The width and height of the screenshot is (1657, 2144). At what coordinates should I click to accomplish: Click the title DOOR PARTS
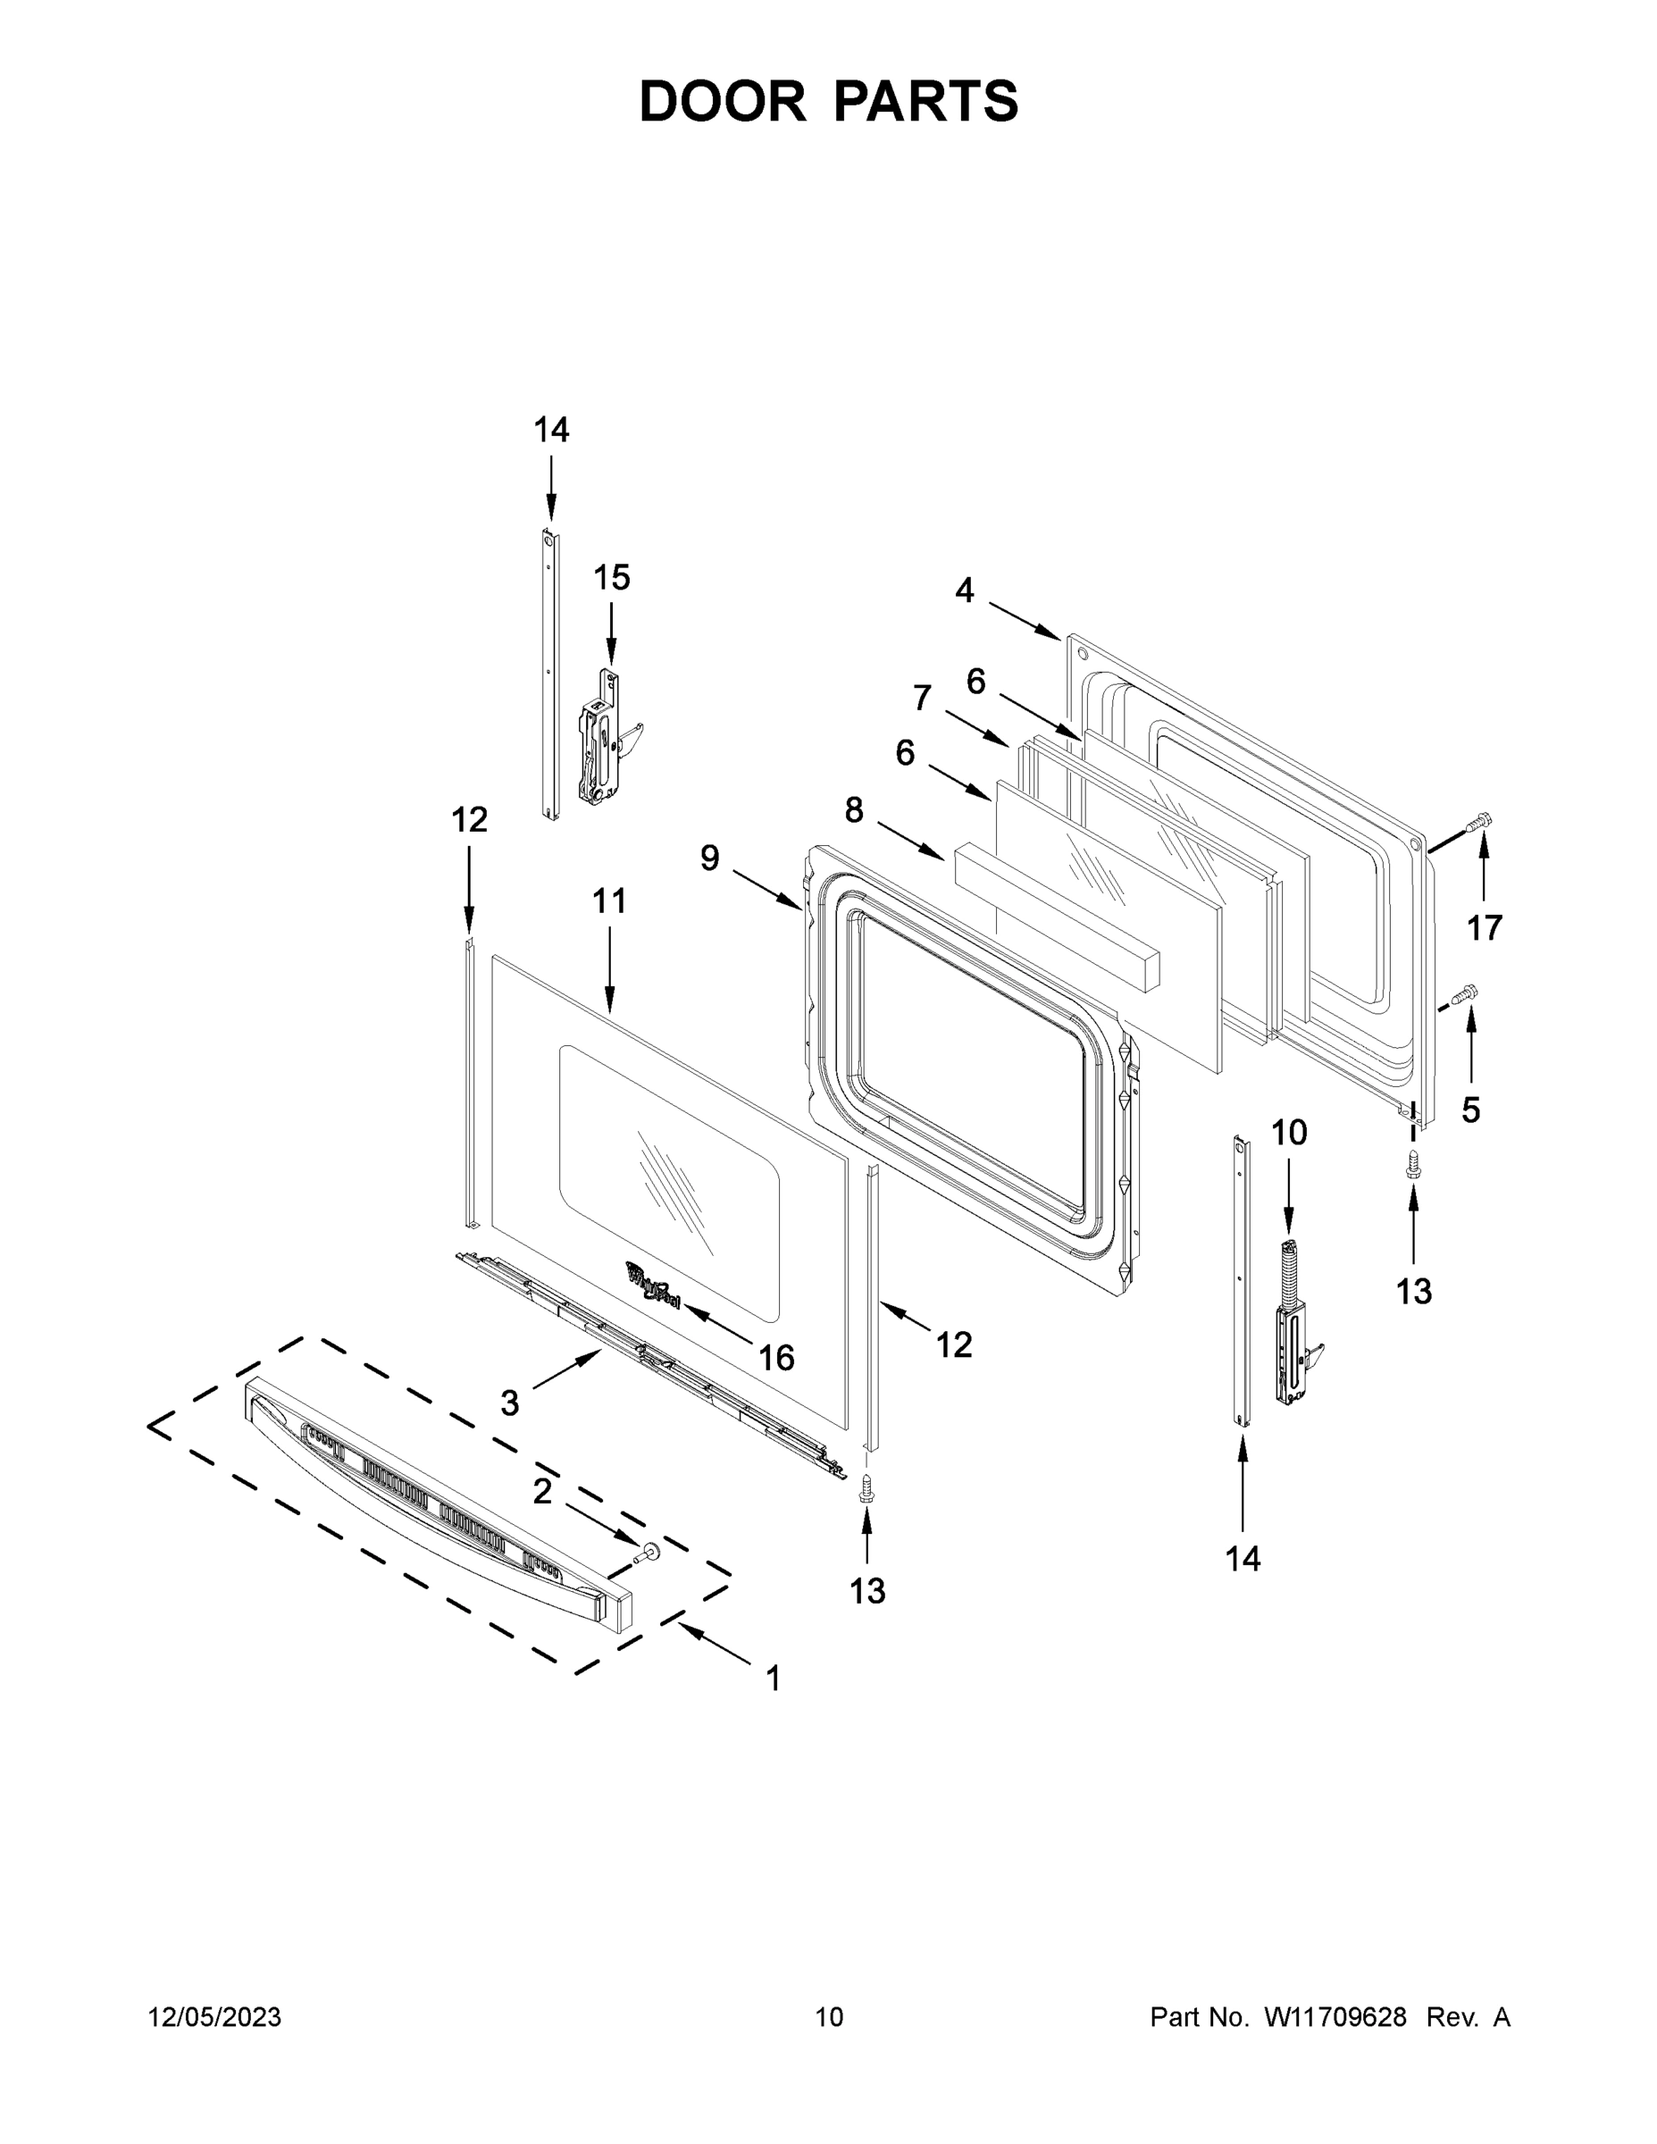click(829, 101)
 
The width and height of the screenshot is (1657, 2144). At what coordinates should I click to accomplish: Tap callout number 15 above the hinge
click(611, 578)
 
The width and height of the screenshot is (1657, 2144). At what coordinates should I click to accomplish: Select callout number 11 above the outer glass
click(608, 901)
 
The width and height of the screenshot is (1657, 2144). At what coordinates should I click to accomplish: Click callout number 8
click(854, 810)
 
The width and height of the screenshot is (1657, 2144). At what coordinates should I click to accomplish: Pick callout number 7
click(922, 698)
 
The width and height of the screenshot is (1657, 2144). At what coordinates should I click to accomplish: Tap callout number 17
click(1485, 926)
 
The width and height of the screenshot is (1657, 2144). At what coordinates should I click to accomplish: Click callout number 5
click(1470, 1110)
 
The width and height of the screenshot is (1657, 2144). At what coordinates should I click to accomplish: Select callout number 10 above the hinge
click(1289, 1133)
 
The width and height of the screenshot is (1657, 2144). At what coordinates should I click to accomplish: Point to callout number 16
click(776, 1358)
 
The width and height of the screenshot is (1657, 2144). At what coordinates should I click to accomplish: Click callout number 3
click(509, 1403)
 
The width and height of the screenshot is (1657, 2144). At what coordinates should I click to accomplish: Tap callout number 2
click(542, 1491)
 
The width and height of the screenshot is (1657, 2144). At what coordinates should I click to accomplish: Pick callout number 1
click(774, 1679)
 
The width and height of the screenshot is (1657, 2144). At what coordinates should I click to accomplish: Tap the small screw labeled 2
click(647, 1552)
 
